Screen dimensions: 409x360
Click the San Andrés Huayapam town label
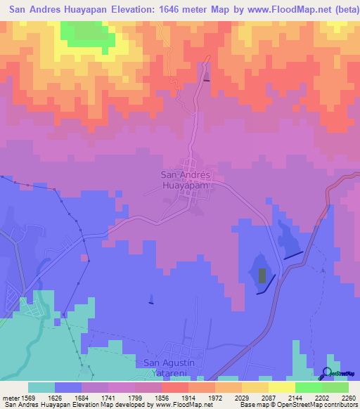point(186,180)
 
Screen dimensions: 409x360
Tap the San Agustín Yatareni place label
point(172,368)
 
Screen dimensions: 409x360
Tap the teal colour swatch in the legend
point(41,387)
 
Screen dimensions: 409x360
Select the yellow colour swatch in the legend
point(282,387)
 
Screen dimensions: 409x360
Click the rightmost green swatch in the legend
point(335,387)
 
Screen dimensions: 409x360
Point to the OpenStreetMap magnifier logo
point(328,373)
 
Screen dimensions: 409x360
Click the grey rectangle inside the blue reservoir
point(262,275)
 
